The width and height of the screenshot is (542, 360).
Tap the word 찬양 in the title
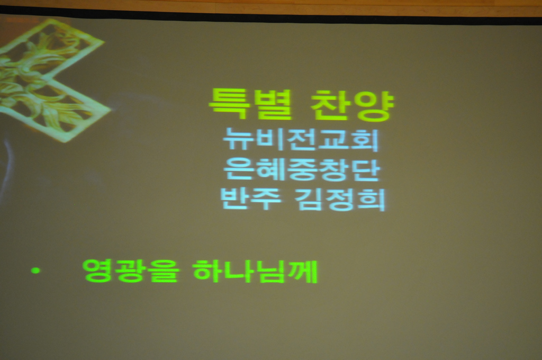(x=352, y=105)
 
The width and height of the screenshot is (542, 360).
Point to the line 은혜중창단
(x=301, y=169)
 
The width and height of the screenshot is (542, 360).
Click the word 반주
(x=251, y=199)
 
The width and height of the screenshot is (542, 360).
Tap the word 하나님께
(x=256, y=272)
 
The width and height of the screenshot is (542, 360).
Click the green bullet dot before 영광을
(x=35, y=271)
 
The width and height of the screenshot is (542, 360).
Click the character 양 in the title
(x=374, y=106)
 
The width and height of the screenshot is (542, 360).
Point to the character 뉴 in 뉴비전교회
(x=238, y=139)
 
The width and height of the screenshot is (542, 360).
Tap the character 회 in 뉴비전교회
(x=365, y=140)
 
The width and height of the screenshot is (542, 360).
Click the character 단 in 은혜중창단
(x=365, y=170)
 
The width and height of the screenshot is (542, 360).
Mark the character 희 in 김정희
(x=371, y=200)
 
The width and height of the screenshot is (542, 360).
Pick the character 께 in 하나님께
(x=303, y=272)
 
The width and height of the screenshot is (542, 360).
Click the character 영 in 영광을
(x=98, y=271)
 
